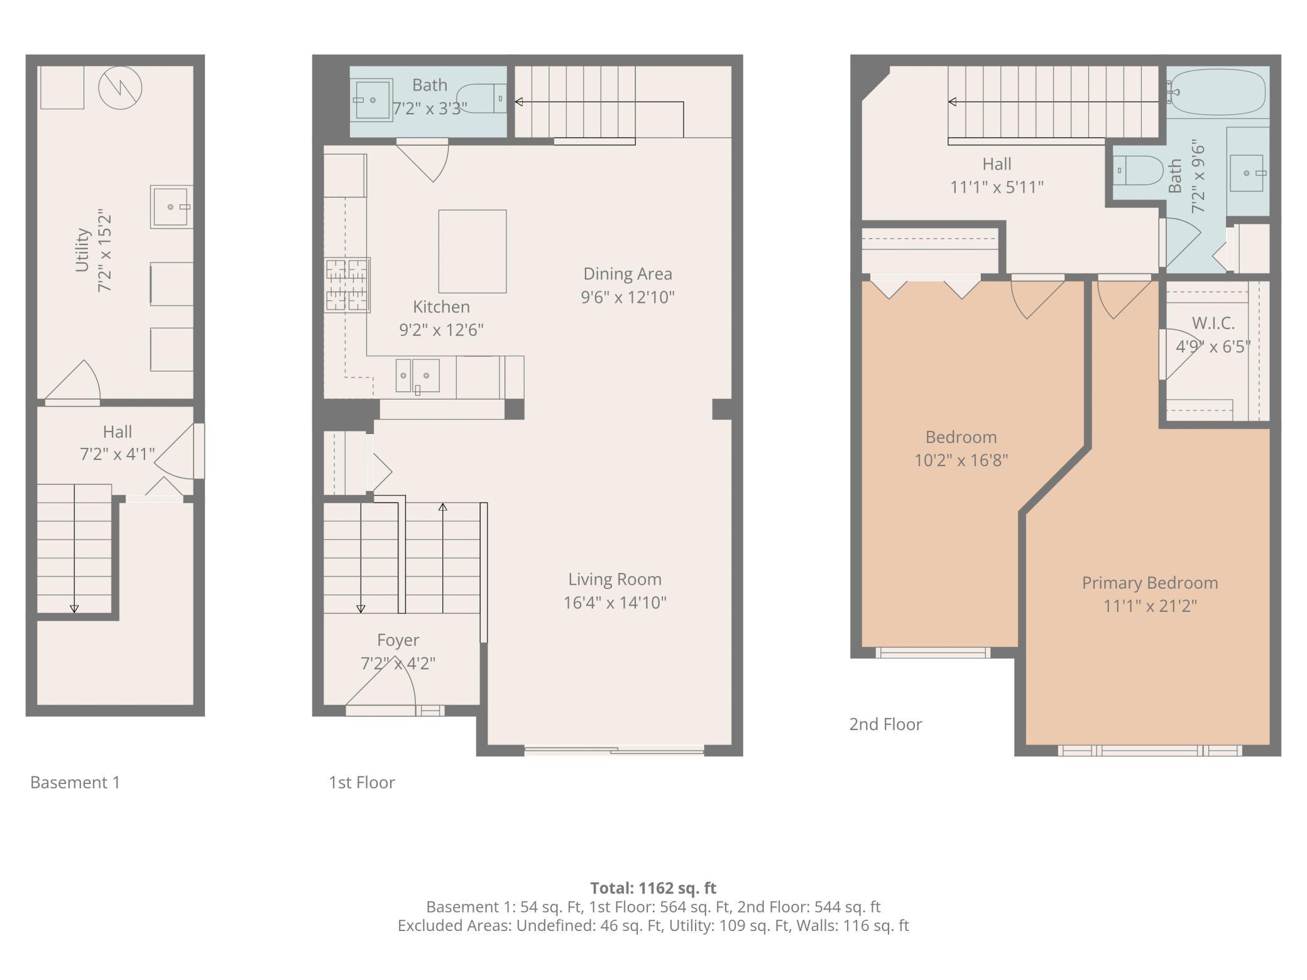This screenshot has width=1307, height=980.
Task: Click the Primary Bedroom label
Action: click(1150, 583)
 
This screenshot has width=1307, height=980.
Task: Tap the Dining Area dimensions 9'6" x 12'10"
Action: click(628, 297)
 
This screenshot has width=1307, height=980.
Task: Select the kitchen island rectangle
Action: click(473, 251)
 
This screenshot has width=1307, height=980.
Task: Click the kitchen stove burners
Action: click(347, 285)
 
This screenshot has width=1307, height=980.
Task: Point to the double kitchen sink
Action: click(417, 376)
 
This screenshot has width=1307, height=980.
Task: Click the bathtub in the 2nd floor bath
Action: click(1217, 92)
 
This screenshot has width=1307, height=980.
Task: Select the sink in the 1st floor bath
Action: click(372, 100)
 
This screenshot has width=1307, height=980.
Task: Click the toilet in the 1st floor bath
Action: click(481, 99)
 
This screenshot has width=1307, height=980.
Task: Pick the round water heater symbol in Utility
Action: click(120, 87)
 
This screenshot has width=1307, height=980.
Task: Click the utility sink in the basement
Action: click(172, 207)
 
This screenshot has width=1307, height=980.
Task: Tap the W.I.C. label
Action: click(1213, 324)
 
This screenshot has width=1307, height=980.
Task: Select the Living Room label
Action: click(615, 579)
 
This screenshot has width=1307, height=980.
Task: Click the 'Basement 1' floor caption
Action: click(75, 782)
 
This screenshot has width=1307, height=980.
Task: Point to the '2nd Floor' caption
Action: click(885, 724)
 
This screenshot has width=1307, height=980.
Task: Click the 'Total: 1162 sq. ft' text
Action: click(653, 888)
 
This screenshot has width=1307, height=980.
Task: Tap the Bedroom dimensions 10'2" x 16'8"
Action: click(961, 460)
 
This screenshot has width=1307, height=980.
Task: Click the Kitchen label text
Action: click(441, 307)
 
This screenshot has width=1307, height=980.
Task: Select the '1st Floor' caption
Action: click(361, 782)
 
